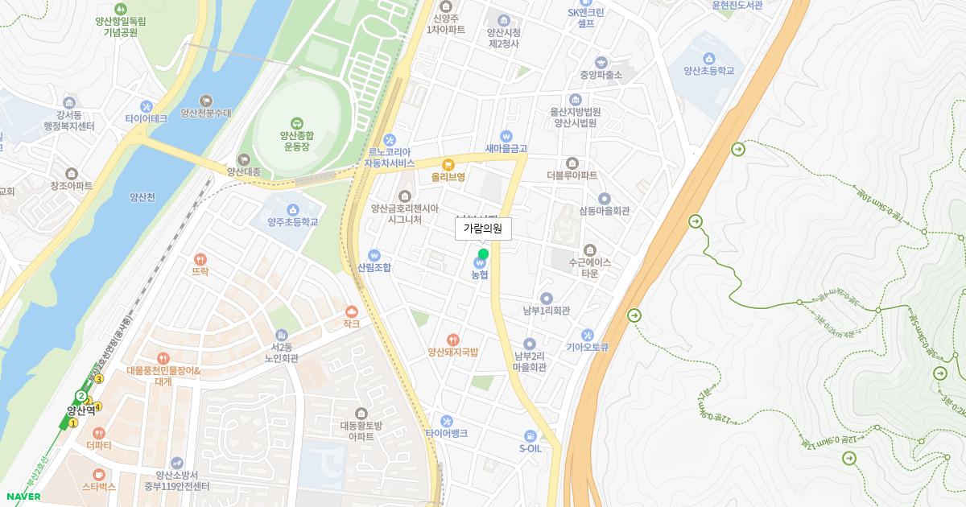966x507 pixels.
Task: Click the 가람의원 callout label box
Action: (x=483, y=229)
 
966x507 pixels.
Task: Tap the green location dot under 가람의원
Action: (x=483, y=254)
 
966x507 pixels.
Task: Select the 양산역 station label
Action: (x=82, y=409)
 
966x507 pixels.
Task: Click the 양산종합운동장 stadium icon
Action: (x=297, y=122)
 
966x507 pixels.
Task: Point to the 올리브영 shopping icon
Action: (x=448, y=164)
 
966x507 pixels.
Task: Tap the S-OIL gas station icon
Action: (x=530, y=435)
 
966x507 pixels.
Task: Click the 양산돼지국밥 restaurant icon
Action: (x=453, y=340)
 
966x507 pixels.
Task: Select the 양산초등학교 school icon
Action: (x=708, y=58)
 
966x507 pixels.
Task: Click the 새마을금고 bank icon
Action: (x=506, y=136)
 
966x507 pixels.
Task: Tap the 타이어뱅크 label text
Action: (x=447, y=433)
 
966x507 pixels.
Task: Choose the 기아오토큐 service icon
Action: (x=587, y=335)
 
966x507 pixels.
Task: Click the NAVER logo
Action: (x=23, y=497)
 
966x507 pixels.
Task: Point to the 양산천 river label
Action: (x=142, y=196)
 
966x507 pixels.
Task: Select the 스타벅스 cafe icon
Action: (x=98, y=475)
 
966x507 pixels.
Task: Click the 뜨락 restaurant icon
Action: (x=200, y=259)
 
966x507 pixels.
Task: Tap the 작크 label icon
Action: (x=351, y=311)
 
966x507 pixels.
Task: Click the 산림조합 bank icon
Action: (x=374, y=254)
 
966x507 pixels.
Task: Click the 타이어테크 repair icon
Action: (x=146, y=105)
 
